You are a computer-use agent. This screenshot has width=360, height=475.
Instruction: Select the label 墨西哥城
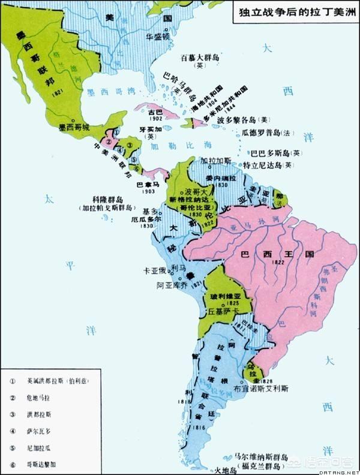click(x=74, y=128)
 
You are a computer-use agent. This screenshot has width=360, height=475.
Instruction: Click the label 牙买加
click(x=147, y=128)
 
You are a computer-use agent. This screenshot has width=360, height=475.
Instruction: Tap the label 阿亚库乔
click(x=173, y=286)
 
